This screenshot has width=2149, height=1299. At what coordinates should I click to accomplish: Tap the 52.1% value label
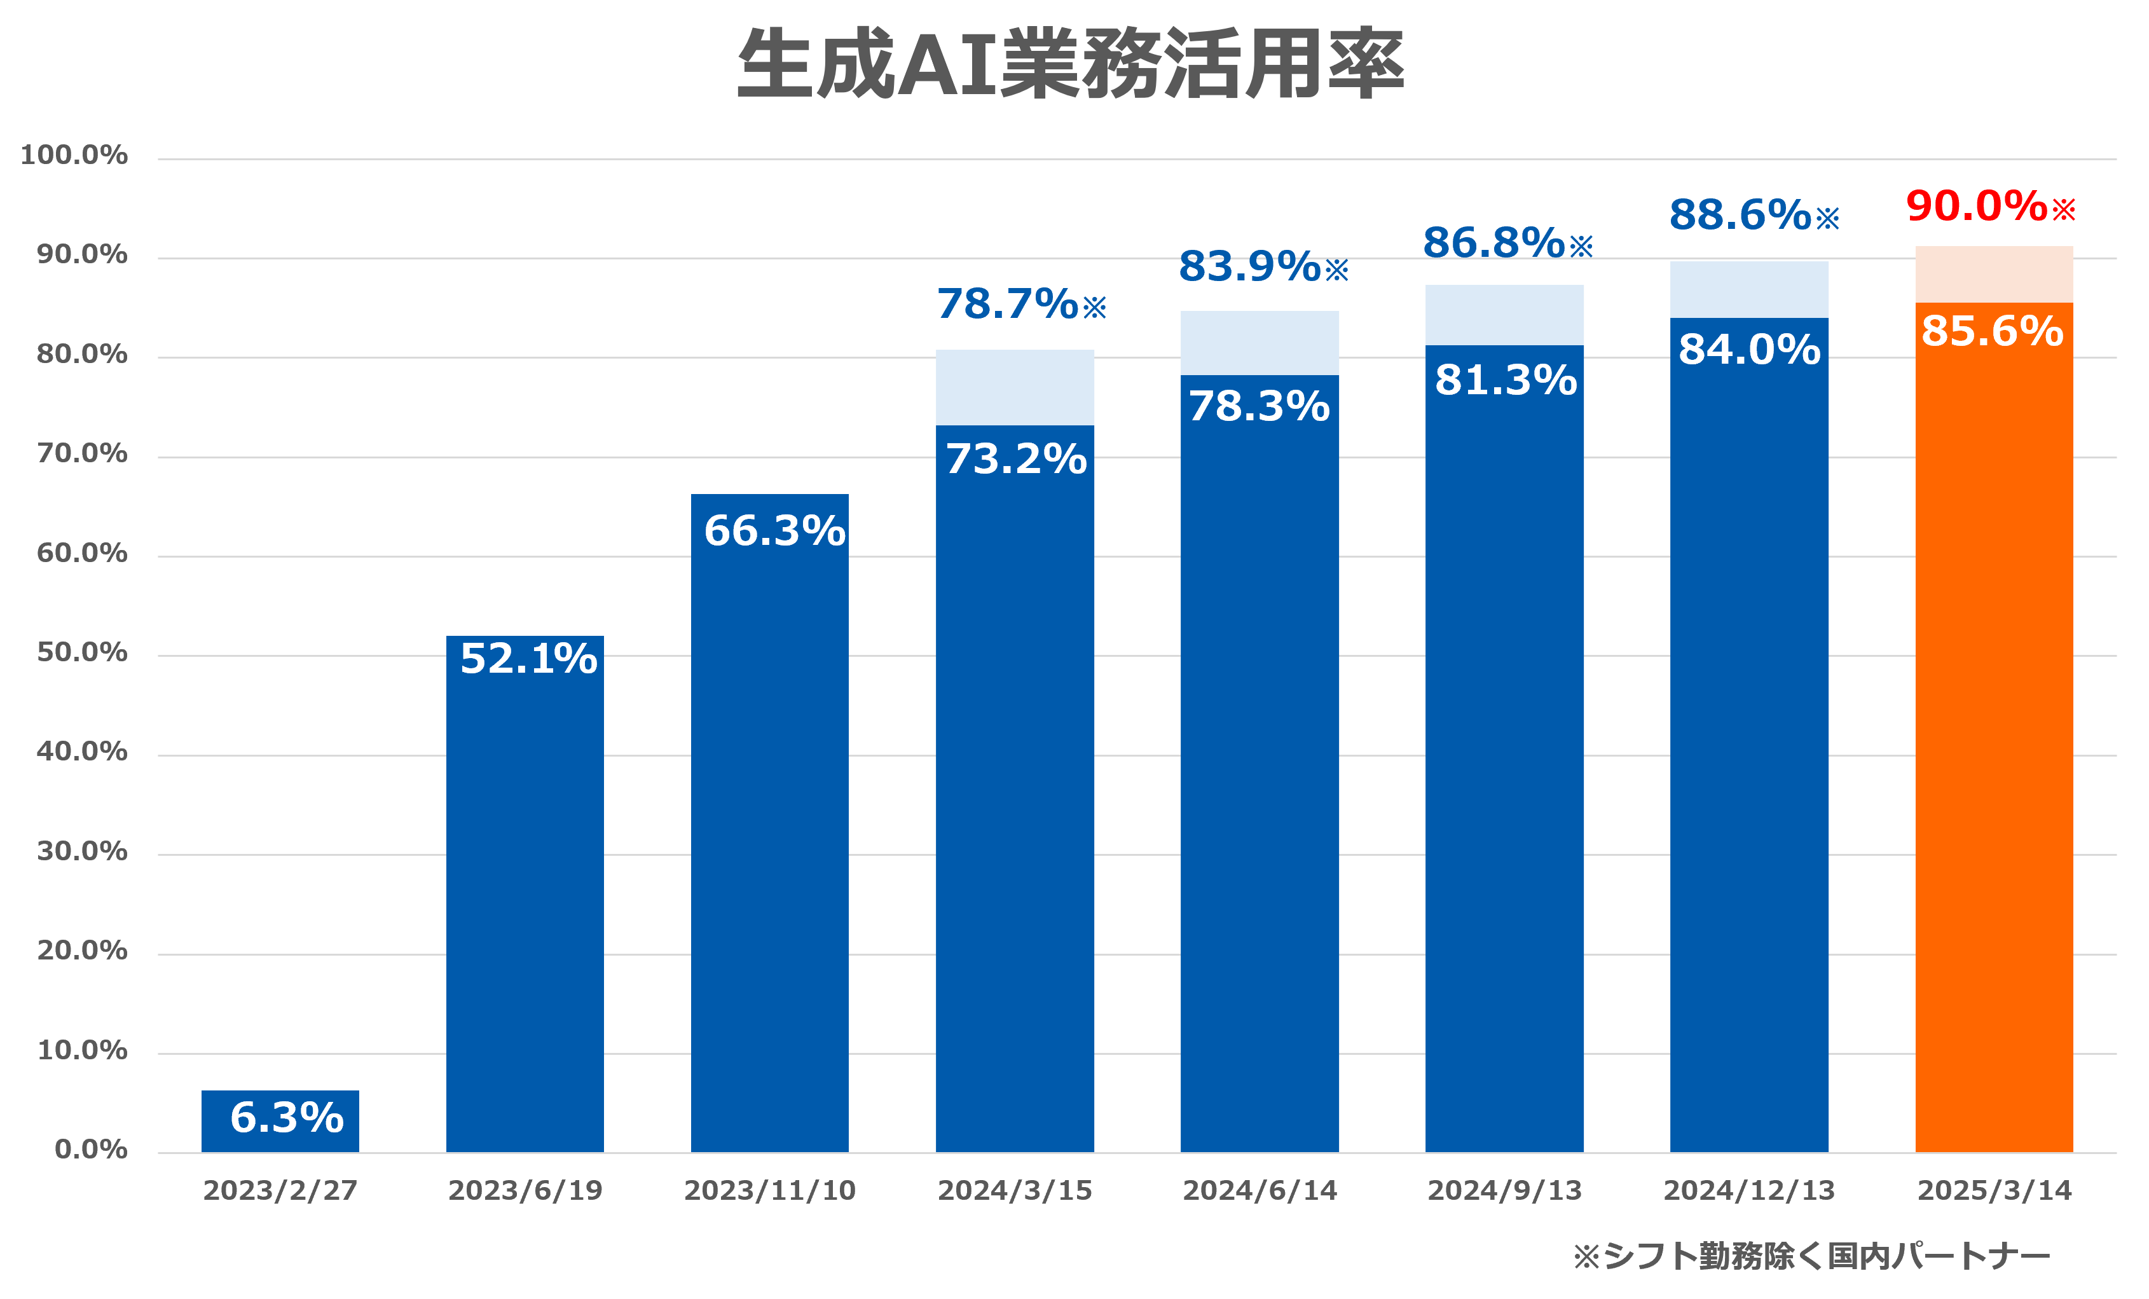[x=528, y=659]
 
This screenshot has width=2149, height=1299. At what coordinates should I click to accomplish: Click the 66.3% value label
[x=774, y=530]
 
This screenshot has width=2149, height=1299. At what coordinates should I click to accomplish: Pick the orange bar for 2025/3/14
[x=1994, y=741]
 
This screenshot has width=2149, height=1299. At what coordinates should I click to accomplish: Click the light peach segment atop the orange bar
[x=1994, y=274]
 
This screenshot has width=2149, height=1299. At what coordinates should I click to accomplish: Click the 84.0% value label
[x=1748, y=350]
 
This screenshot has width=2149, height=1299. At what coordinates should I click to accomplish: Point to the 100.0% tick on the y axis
[x=74, y=155]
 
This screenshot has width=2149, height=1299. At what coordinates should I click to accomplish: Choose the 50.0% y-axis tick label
[x=82, y=652]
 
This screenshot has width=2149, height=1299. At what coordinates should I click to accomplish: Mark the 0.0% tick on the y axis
[x=91, y=1150]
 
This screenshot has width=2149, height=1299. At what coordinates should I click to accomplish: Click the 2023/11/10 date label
[x=769, y=1191]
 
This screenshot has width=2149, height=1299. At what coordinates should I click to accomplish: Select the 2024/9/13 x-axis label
[x=1504, y=1191]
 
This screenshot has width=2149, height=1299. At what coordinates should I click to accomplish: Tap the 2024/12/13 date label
[x=1748, y=1191]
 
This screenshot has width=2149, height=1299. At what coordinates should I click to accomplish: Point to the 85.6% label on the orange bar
[x=1992, y=331]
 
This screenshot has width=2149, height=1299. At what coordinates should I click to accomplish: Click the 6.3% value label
[x=287, y=1118]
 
